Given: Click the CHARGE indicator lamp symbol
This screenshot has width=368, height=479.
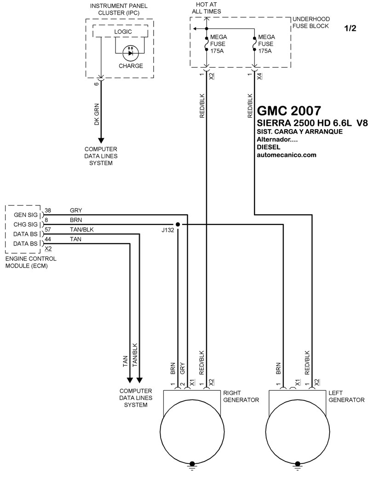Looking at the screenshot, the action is click(x=131, y=53).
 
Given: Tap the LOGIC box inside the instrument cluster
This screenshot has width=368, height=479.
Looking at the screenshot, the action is click(x=120, y=31).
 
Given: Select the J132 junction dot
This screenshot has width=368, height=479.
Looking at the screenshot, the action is click(x=178, y=224).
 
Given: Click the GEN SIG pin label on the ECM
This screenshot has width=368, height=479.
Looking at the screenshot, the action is click(x=26, y=215).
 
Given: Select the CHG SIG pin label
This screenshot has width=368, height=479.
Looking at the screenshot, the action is click(x=25, y=224).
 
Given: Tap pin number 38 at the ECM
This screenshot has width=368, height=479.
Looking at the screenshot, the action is click(x=48, y=211).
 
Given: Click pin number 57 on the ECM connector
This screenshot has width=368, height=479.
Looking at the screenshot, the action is click(x=48, y=229).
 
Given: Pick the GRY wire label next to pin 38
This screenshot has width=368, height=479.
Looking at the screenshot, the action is click(x=76, y=211).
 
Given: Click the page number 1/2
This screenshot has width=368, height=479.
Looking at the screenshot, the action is click(x=350, y=29).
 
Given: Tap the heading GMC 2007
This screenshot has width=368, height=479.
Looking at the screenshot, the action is click(x=289, y=111).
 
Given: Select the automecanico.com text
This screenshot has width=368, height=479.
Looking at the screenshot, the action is click(x=287, y=155).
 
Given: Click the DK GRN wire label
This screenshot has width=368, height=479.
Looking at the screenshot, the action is click(x=97, y=114).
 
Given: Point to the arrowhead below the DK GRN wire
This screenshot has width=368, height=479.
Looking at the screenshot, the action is click(x=101, y=141).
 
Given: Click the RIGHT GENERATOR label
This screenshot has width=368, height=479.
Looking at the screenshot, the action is click(x=241, y=396).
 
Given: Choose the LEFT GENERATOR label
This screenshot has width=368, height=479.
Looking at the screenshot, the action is click(x=346, y=396).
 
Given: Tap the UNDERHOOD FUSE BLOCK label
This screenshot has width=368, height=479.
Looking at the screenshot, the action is click(x=311, y=23).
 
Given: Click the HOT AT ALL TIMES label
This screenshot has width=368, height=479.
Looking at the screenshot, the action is click(x=207, y=8).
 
